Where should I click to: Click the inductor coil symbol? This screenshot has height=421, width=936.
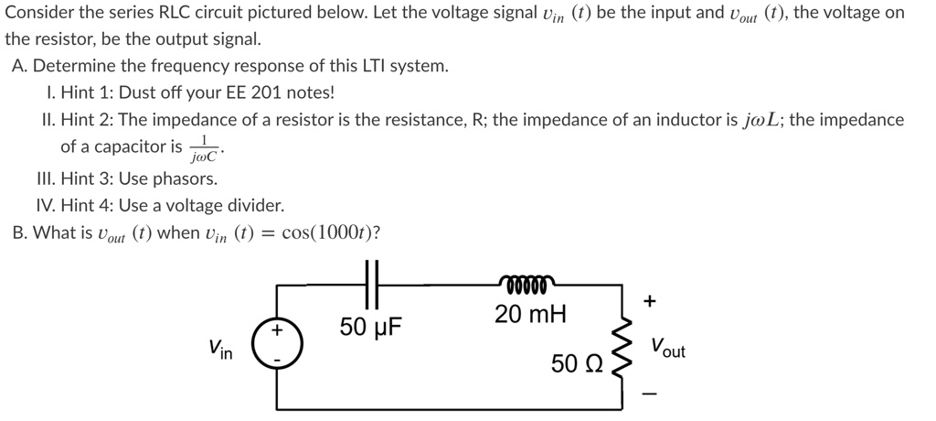tap(524, 283)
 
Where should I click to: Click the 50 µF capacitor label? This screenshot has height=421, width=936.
tap(377, 327)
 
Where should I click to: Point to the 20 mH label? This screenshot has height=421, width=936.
tap(530, 316)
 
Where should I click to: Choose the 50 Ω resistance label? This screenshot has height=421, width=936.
tap(577, 363)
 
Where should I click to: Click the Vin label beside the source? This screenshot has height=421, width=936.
tap(220, 350)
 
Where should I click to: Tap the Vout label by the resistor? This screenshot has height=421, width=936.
tap(667, 349)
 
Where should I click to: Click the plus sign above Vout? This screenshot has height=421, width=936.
tap(650, 300)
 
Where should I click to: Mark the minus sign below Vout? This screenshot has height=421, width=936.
tap(650, 395)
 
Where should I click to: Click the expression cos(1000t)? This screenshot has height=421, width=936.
tap(331, 232)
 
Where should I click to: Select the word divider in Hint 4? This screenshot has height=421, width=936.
tap(253, 205)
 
